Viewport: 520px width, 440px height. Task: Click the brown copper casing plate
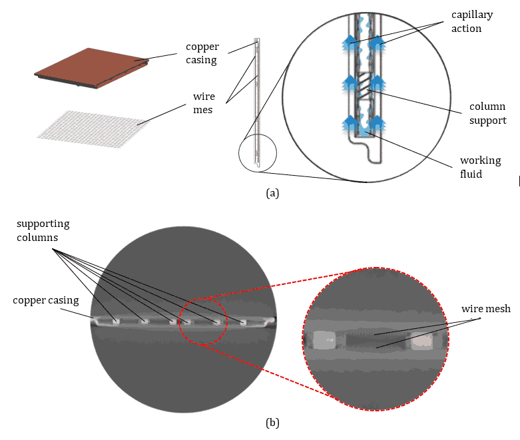pyautogui.click(x=92, y=69)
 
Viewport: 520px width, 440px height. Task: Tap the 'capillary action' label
pyautogui.click(x=466, y=21)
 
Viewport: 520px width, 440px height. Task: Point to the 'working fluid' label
pyautogui.click(x=480, y=167)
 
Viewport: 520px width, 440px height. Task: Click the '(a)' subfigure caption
pyautogui.click(x=272, y=193)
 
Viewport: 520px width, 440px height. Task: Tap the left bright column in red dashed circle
pyautogui.click(x=324, y=341)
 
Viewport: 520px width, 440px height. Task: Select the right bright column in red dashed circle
pyautogui.click(x=422, y=341)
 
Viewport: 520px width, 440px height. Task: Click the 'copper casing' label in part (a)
pyautogui.click(x=202, y=53)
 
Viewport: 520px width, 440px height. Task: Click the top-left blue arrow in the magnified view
pyautogui.click(x=350, y=45)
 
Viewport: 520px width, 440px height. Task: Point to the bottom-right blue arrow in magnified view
pyautogui.click(x=377, y=124)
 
